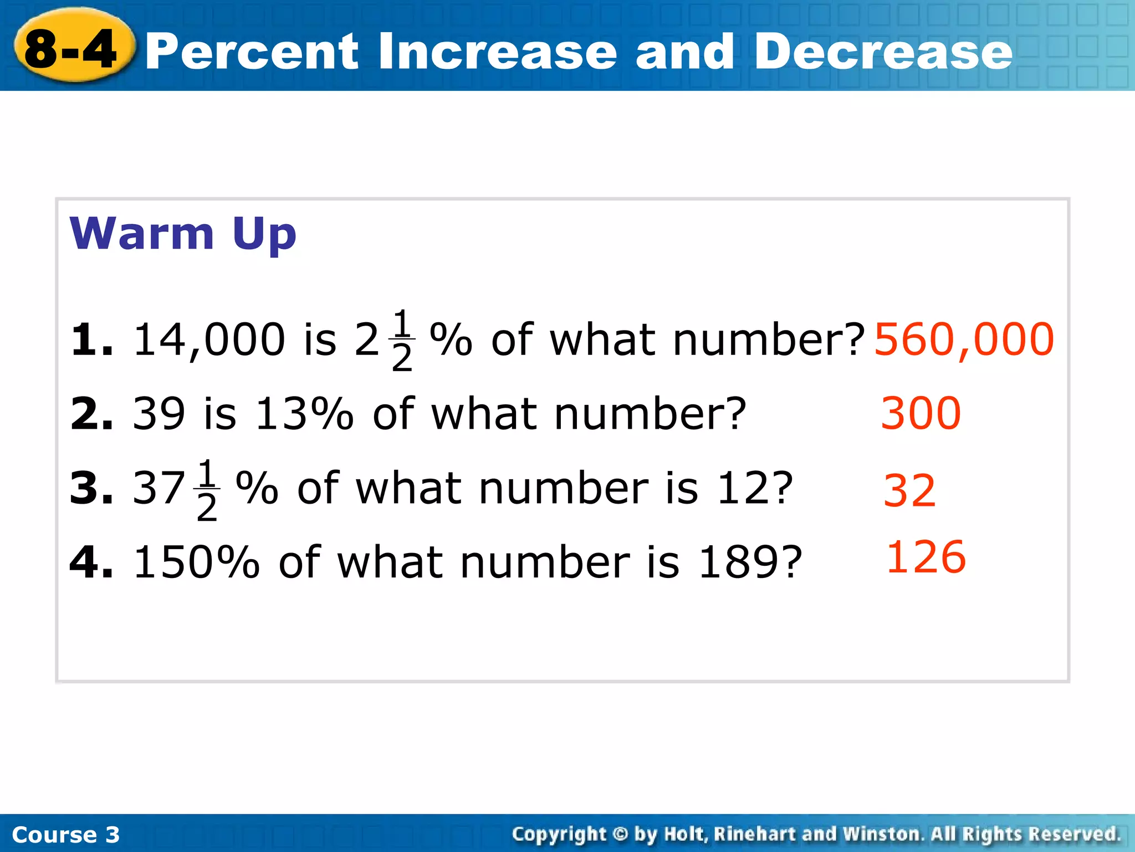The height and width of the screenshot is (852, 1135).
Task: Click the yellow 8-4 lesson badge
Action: point(72,49)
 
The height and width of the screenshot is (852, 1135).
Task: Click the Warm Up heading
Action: point(183,234)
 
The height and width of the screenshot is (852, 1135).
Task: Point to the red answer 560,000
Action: point(964,339)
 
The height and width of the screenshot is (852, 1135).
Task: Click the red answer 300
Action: point(921,413)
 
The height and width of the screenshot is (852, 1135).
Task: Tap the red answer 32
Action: point(909,491)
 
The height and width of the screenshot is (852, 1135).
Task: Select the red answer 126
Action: point(926,557)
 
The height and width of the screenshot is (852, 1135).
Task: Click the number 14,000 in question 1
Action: point(209,339)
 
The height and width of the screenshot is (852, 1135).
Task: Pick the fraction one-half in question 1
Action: point(402,339)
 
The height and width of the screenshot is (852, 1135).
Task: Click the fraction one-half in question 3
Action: point(207,489)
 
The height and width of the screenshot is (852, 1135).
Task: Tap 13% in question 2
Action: point(304,414)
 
